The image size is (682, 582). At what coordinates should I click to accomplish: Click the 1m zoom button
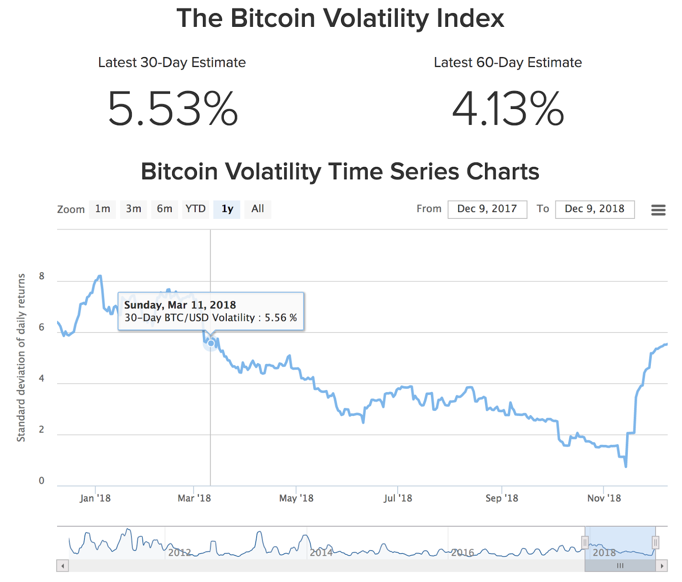coord(102,209)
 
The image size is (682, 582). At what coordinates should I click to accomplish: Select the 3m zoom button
coord(133,209)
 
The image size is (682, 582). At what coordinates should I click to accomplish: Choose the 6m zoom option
coord(165,209)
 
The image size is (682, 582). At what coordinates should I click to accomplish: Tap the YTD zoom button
coord(196,209)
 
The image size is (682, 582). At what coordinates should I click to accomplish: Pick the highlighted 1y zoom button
coord(227,209)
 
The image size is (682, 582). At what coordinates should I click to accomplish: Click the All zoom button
coord(257,209)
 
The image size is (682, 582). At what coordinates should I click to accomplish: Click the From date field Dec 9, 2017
coord(487,209)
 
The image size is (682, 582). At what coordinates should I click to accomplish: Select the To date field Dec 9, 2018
coord(595,209)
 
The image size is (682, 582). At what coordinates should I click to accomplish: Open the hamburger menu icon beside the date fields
coord(658,210)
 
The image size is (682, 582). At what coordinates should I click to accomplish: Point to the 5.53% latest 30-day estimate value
coord(173,109)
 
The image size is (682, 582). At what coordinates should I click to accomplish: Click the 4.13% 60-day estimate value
coord(508,109)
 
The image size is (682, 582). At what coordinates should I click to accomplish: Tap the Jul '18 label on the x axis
coord(398,498)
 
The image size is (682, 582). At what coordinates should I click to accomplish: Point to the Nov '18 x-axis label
coord(604,498)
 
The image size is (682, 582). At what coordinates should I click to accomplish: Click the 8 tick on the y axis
coord(41,276)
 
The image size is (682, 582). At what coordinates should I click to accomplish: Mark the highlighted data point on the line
coord(211,343)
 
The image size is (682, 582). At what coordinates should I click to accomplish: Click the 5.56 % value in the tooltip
coord(280,318)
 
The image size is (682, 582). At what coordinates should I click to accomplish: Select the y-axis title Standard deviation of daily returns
coord(21,358)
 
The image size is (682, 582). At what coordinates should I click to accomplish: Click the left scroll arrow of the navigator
coord(63,566)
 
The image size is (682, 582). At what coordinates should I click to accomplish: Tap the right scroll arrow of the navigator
coord(662,566)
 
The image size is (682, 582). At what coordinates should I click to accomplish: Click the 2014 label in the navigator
coord(321,553)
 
